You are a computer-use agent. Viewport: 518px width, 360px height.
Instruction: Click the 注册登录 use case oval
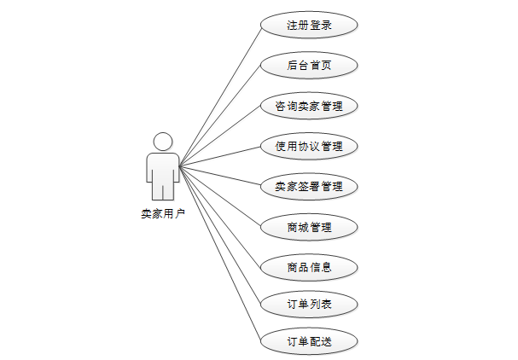coord(309,25)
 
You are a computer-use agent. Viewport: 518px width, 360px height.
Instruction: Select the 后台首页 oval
coord(309,65)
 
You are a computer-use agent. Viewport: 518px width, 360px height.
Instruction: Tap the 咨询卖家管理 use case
coord(309,106)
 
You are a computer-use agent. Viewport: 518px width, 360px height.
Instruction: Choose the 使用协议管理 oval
coord(309,146)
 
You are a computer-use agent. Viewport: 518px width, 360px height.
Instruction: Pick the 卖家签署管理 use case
coord(309,186)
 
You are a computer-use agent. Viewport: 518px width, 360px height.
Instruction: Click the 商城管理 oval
coord(309,227)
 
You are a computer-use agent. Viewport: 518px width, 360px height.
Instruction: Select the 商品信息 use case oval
coord(309,267)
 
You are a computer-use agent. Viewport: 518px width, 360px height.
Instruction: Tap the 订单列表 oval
coord(309,303)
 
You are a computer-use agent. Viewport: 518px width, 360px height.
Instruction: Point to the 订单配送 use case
coord(309,342)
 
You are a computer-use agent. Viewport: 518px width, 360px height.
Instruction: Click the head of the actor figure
coord(162,142)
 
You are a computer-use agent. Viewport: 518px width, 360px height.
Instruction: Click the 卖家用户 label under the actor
coord(162,214)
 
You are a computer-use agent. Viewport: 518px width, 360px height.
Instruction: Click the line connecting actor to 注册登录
coord(220,95)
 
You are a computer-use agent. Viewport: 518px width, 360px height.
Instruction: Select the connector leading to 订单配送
coord(220,253)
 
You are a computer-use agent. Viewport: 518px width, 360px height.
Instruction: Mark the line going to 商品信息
coord(220,215)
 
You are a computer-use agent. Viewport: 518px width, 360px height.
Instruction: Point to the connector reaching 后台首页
coord(220,114)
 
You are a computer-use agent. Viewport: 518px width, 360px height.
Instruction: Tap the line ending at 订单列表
coord(220,234)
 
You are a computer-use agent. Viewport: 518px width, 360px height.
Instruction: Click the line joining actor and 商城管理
coord(220,195)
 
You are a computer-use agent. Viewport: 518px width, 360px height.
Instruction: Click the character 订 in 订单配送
coord(293,342)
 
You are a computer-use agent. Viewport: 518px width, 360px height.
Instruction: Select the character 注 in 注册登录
coord(293,26)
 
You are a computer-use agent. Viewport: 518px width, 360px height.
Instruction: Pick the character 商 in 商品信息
coord(293,267)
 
